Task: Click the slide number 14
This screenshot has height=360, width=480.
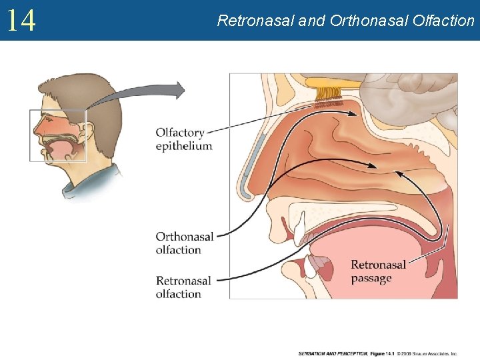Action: click(x=21, y=20)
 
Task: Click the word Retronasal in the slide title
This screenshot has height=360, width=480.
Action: click(x=256, y=21)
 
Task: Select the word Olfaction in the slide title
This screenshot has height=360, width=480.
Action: click(x=443, y=21)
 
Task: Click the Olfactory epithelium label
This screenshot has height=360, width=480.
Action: click(x=183, y=139)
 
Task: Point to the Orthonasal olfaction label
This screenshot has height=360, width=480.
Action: click(x=185, y=243)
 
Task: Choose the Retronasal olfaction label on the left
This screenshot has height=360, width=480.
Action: click(x=183, y=287)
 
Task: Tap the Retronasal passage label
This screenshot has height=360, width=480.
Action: click(x=379, y=271)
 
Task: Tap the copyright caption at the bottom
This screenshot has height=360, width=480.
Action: click(x=377, y=353)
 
